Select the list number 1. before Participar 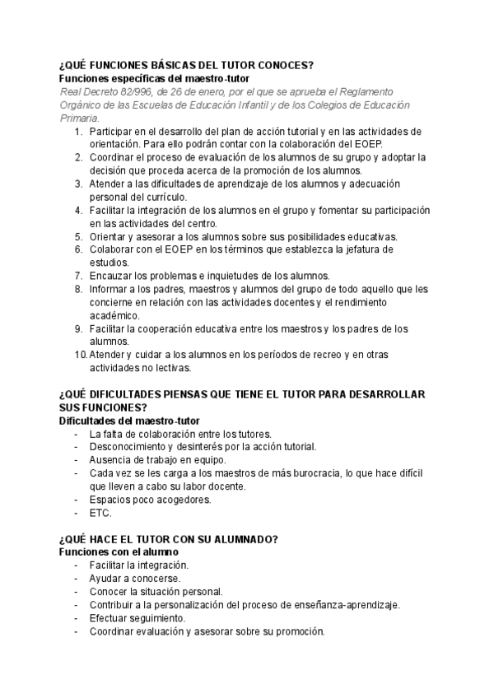click(x=78, y=131)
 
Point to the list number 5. click(x=78, y=236)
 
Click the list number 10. click(x=79, y=355)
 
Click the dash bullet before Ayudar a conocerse click(x=77, y=579)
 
